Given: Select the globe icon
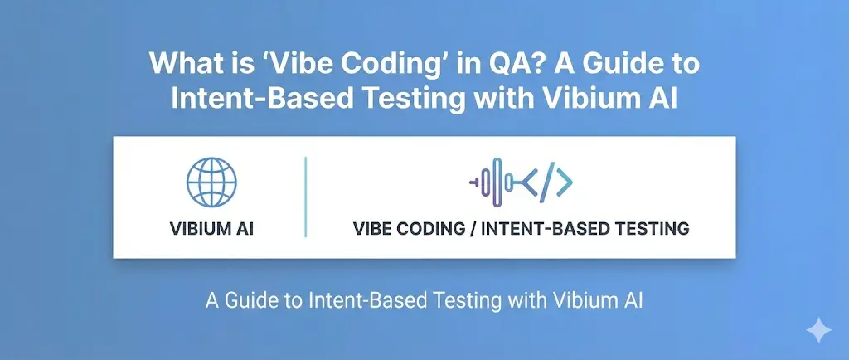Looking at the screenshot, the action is pos(211,182).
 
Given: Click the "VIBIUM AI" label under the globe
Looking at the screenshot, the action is pos(211,228).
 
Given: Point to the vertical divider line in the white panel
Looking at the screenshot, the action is pos(305,197).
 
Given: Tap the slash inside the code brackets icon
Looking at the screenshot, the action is pos(547,182).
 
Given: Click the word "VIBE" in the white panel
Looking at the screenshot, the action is pos(375,228).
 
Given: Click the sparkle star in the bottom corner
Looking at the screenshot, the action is pos(818,329).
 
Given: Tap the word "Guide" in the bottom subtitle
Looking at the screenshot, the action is pos(252,300).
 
